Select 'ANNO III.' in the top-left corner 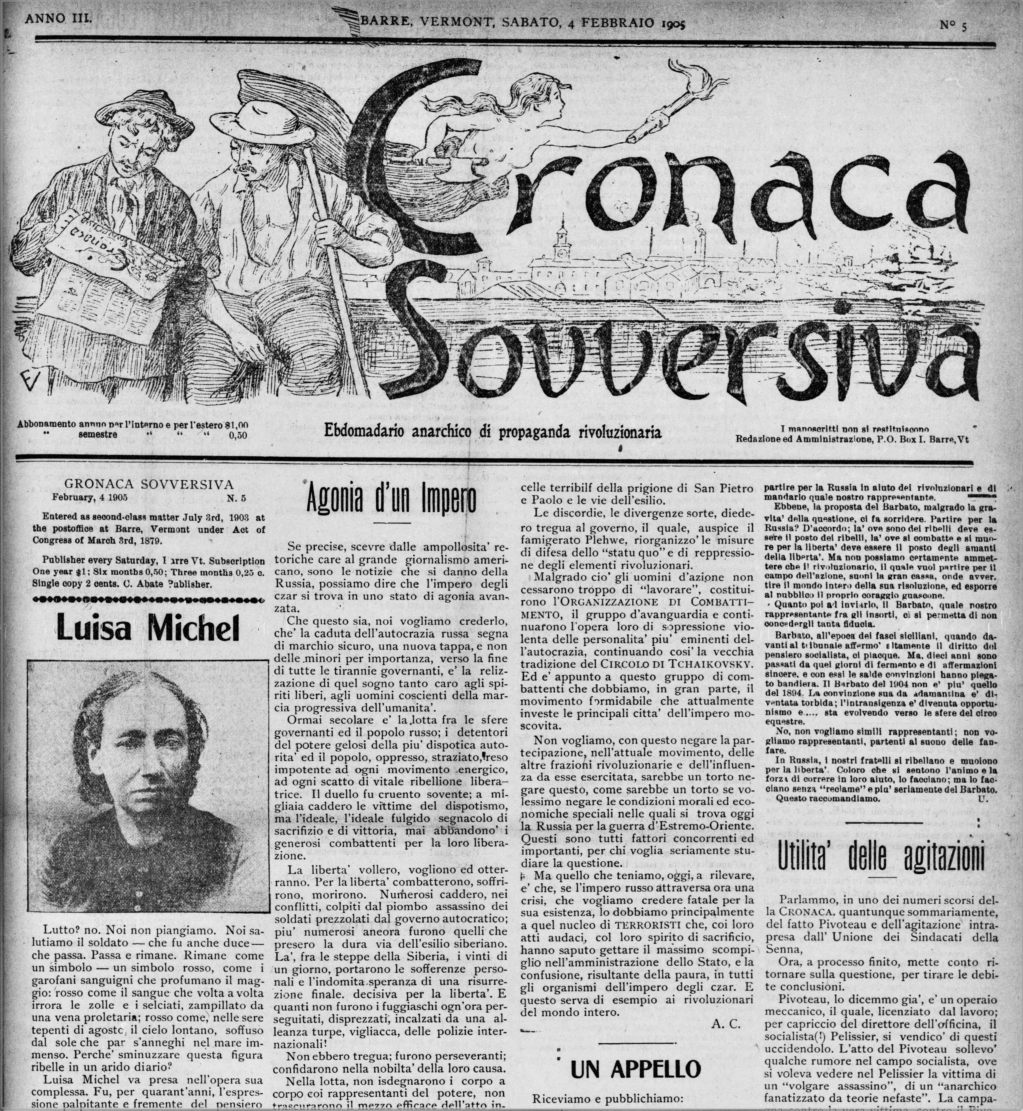[58, 18]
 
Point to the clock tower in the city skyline [563, 244]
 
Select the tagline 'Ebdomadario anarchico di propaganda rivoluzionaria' [493, 431]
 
